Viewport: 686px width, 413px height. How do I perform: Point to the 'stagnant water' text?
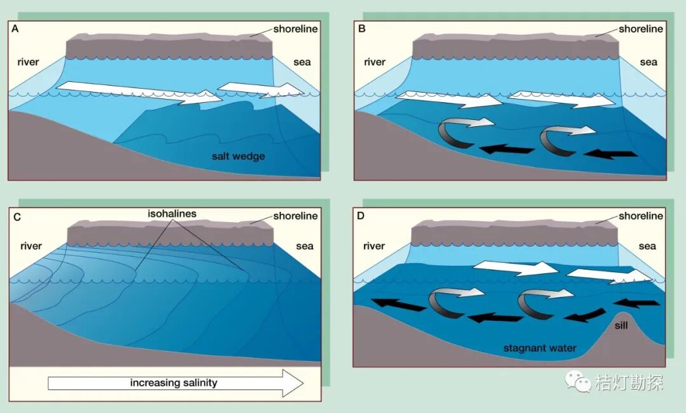coord(539,348)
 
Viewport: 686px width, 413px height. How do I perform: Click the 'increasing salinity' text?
coord(173,383)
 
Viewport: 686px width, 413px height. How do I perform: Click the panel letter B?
coord(361,29)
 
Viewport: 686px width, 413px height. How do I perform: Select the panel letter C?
coord(17,217)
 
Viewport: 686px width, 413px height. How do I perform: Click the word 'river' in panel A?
coord(29,62)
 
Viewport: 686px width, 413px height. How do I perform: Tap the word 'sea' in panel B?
coord(648,62)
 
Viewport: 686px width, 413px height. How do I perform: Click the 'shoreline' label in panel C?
coord(295,216)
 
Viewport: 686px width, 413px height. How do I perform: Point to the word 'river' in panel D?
coord(375,246)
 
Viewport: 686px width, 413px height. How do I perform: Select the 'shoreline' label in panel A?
coord(295,29)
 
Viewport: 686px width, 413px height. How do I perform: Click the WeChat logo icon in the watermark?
coord(578,381)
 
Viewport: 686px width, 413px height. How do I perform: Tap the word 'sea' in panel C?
coord(304,246)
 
